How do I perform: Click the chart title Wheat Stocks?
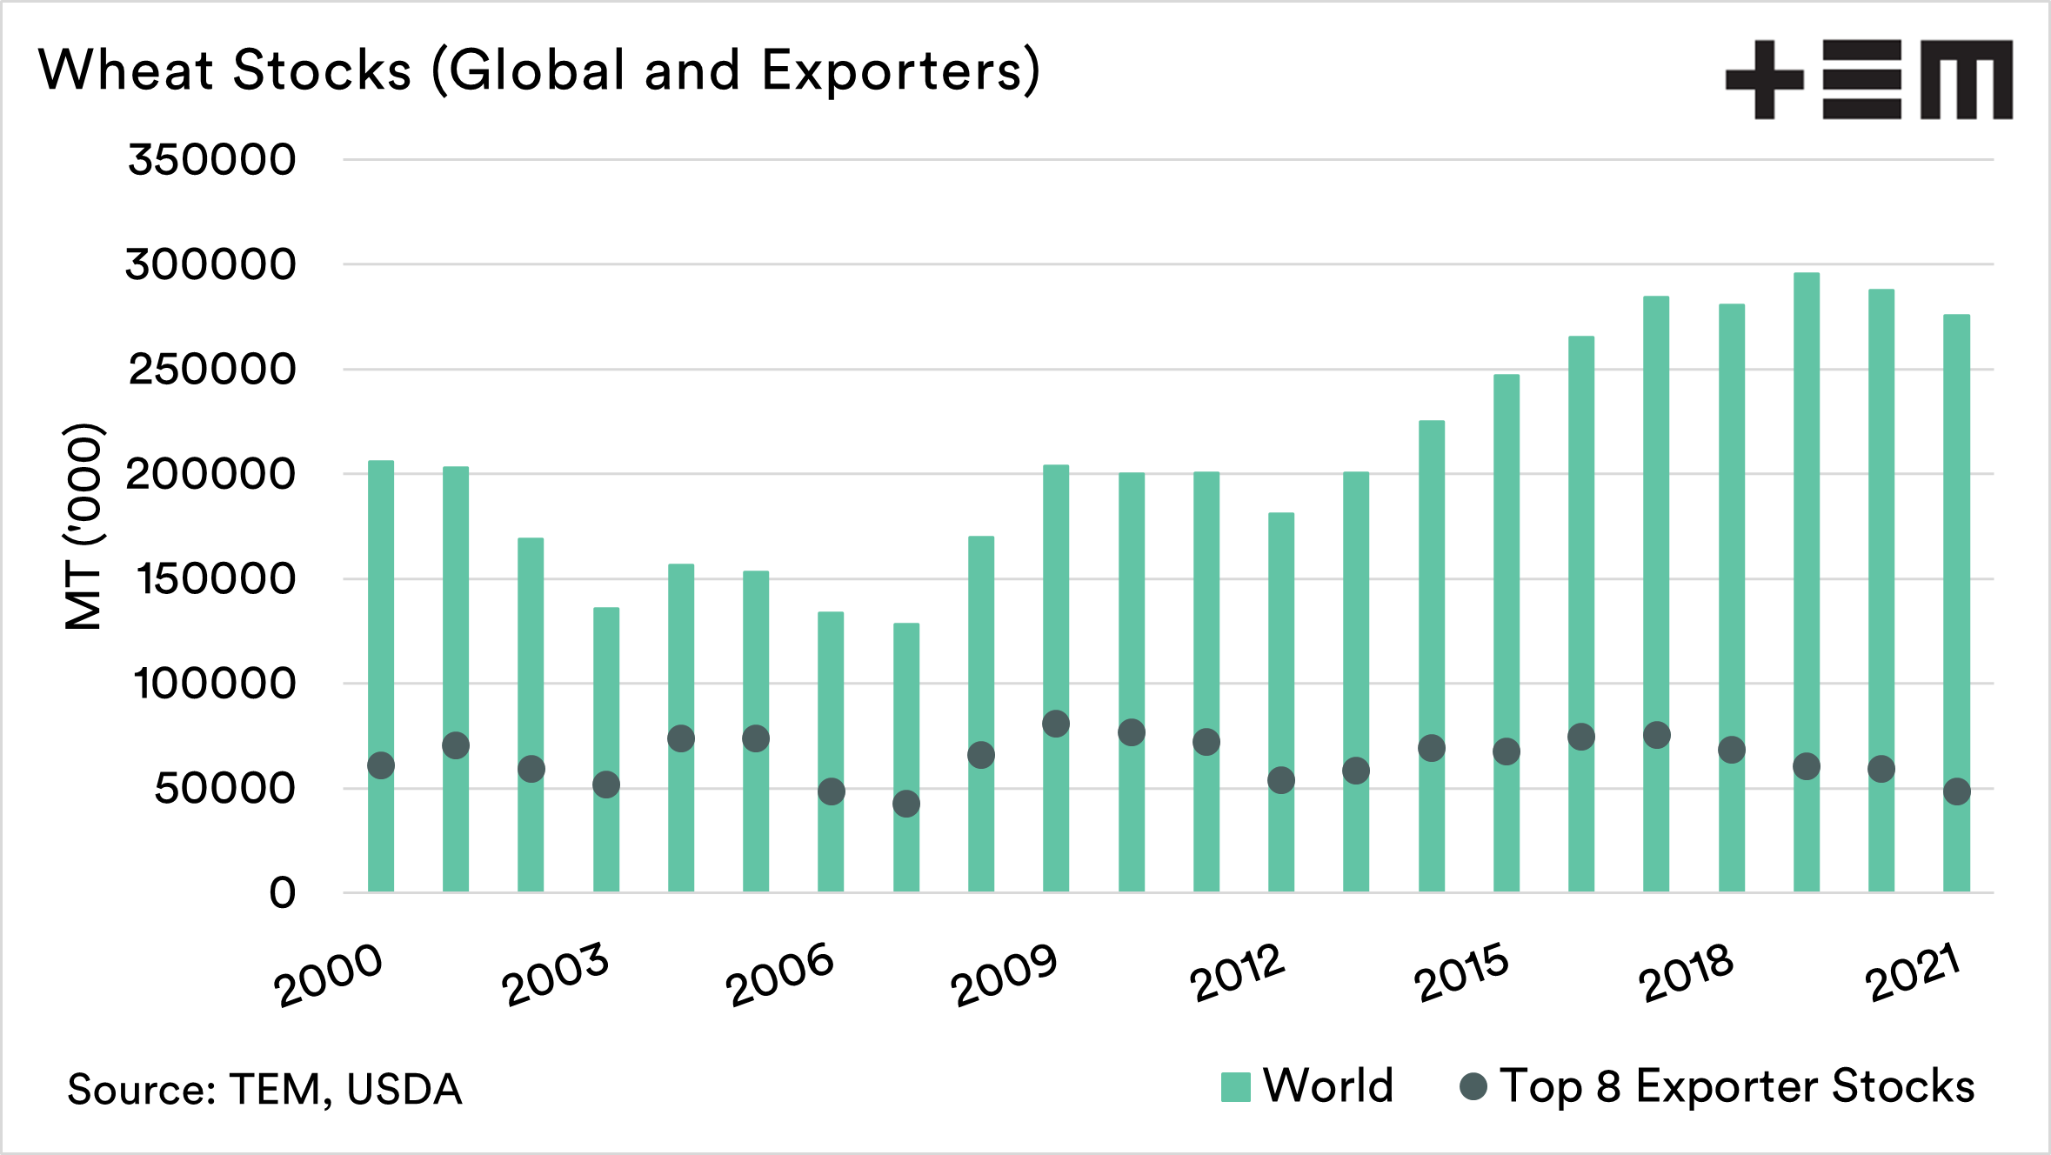pos(539,70)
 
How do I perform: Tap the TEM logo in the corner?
pos(1868,79)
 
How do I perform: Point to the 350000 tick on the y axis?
pos(211,160)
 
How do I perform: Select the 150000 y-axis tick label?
pos(216,579)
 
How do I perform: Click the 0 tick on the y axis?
pos(282,893)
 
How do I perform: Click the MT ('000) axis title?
pos(84,526)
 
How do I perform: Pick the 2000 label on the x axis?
pos(328,976)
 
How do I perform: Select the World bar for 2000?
pos(381,609)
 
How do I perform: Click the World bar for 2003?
pos(606,696)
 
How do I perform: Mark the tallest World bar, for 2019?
pos(1807,522)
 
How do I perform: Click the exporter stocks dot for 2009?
pos(1056,724)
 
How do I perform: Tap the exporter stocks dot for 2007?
pos(906,804)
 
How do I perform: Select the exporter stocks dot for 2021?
pos(1957,791)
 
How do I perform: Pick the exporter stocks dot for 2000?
pos(381,765)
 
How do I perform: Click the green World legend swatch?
pos(1235,1087)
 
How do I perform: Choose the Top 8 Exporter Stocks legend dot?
pos(1473,1086)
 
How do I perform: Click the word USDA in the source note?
pos(404,1090)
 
